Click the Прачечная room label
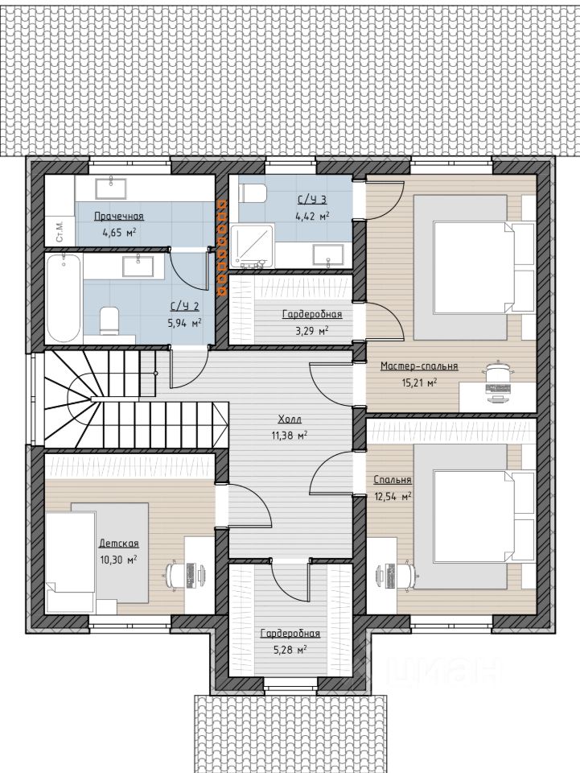119,217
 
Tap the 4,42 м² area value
313,216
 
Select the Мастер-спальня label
419,366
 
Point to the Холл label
290,420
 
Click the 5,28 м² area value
290,649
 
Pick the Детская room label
119,544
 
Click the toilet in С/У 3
253,192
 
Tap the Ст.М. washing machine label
60,232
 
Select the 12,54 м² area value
393,497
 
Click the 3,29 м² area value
311,330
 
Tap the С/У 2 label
185,307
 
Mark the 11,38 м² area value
290,436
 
